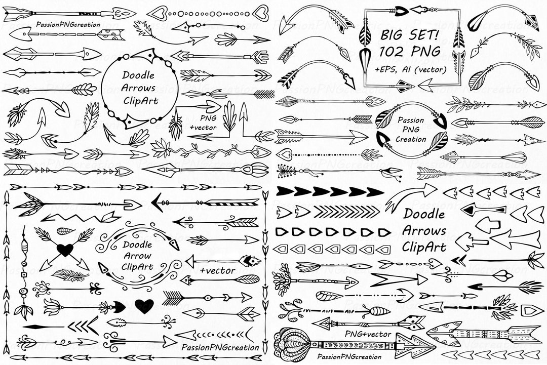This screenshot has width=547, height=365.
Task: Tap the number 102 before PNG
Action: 392,52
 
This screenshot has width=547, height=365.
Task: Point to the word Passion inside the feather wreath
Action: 411,121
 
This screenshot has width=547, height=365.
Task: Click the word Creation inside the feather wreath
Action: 411,139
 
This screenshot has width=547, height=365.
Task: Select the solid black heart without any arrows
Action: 144,305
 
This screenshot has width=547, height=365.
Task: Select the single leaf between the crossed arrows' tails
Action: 65,231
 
